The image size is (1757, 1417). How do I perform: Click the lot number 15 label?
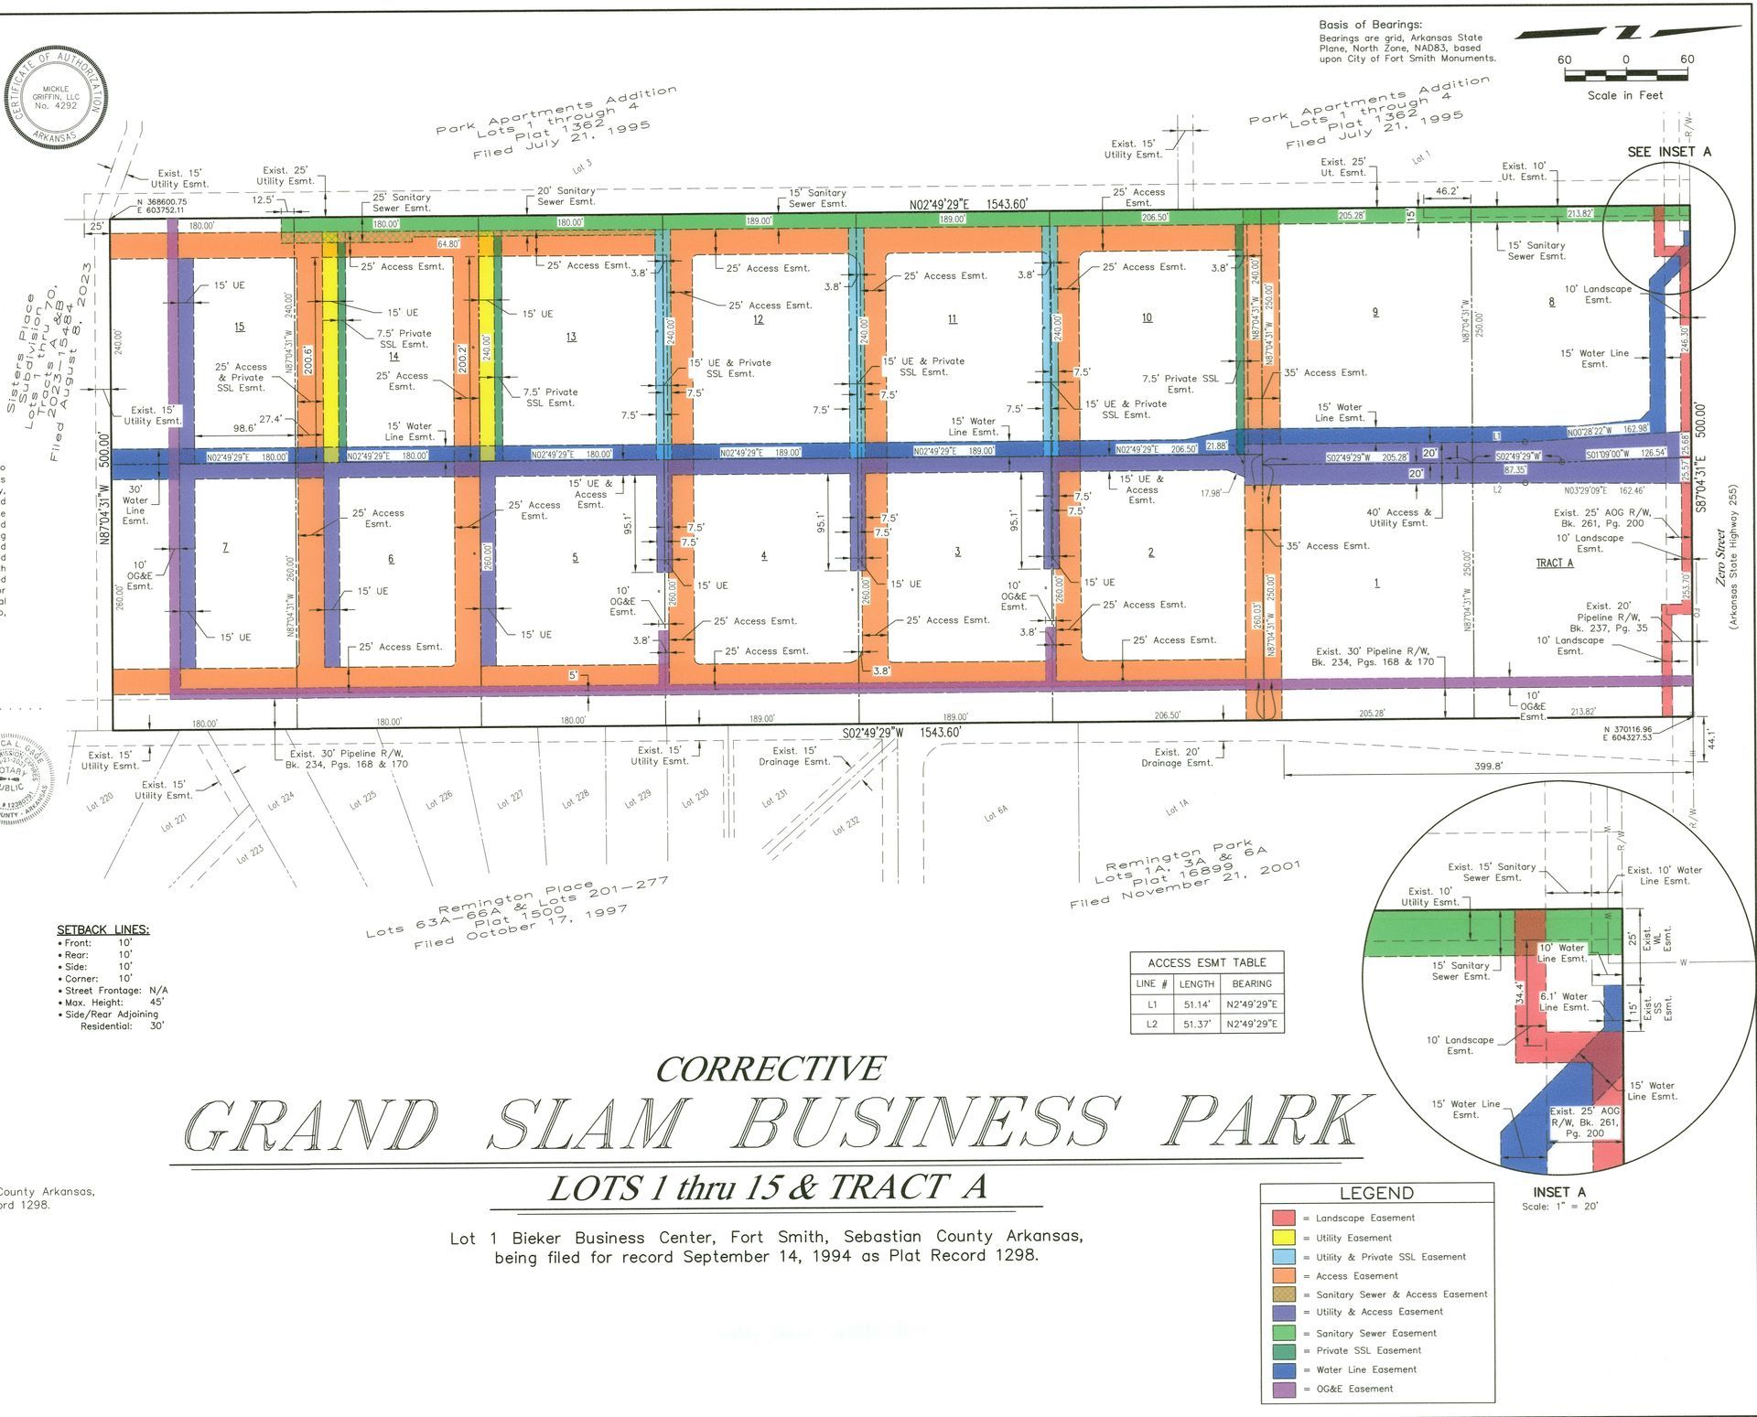pyautogui.click(x=239, y=327)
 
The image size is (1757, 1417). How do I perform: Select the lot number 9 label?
pyautogui.click(x=1374, y=312)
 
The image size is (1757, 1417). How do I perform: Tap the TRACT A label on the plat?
pyautogui.click(x=1554, y=563)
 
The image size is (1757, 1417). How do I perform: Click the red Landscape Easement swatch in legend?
pyautogui.click(x=1283, y=1218)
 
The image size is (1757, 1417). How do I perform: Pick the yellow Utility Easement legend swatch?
pyautogui.click(x=1283, y=1238)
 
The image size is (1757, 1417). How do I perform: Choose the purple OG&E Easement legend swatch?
pyautogui.click(x=1283, y=1389)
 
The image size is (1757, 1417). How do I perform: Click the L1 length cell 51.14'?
pyautogui.click(x=1196, y=1004)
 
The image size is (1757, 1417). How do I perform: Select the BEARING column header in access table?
pyautogui.click(x=1251, y=983)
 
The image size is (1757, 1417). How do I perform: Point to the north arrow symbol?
pyautogui.click(x=1626, y=33)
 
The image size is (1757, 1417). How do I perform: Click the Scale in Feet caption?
pyautogui.click(x=1624, y=95)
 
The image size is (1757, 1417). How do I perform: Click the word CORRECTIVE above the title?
pyautogui.click(x=771, y=1068)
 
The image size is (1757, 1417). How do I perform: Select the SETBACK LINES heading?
pyautogui.click(x=102, y=929)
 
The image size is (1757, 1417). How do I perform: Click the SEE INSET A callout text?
pyautogui.click(x=1668, y=152)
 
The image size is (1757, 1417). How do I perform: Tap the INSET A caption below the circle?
pyautogui.click(x=1558, y=1192)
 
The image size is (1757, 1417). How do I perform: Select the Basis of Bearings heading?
pyautogui.click(x=1370, y=25)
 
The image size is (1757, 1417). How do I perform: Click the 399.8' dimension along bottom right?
pyautogui.click(x=1488, y=767)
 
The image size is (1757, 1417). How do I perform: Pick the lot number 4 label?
pyautogui.click(x=763, y=555)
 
